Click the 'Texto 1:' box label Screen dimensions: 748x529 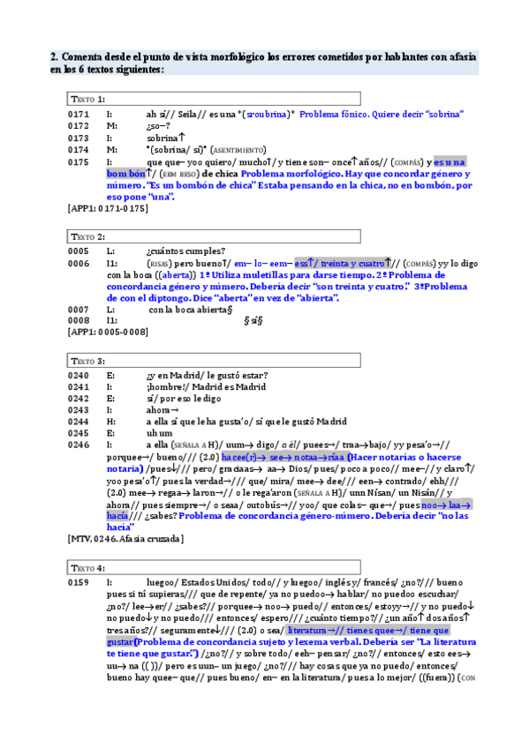88,99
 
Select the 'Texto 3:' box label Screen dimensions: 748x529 88,361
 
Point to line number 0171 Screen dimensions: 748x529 79,115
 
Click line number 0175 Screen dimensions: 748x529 79,162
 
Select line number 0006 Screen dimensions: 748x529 79,264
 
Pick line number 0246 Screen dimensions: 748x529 79,445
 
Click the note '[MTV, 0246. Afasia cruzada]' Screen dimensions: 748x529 125,539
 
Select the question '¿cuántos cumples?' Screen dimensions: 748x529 185,251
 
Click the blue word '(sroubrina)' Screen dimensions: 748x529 267,115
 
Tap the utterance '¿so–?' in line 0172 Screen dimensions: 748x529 158,127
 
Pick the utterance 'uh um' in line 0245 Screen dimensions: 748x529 160,433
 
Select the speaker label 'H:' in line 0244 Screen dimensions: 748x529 110,422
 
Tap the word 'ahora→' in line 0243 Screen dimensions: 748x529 162,409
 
